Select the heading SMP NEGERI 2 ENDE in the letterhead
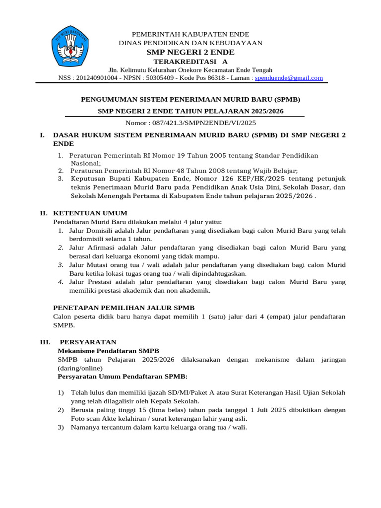click(x=190, y=52)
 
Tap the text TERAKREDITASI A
click(x=190, y=62)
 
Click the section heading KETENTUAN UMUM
click(x=86, y=213)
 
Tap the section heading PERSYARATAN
click(x=88, y=342)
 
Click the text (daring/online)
click(x=80, y=368)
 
